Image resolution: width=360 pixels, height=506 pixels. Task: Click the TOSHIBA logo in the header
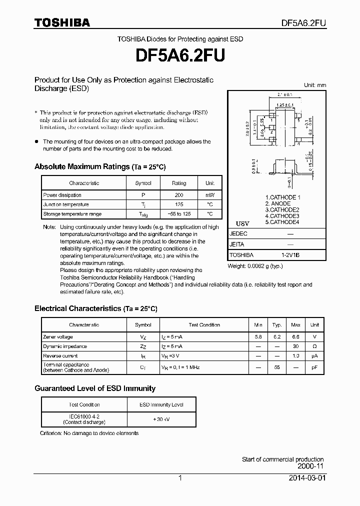click(62, 22)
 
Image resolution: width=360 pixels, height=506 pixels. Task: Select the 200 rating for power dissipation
click(178, 195)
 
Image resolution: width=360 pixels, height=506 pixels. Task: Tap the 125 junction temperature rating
click(178, 204)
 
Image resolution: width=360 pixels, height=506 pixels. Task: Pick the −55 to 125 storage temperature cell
click(178, 214)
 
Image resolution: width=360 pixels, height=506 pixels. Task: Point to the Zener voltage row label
click(58, 337)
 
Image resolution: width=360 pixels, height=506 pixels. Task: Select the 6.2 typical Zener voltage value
click(276, 337)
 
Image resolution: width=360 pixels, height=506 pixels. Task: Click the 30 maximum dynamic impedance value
click(295, 346)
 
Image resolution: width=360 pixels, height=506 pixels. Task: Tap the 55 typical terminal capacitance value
click(276, 367)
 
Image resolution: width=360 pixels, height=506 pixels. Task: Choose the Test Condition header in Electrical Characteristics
click(204, 325)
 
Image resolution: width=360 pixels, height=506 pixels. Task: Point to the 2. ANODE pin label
click(277, 204)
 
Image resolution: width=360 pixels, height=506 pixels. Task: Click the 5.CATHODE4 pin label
click(282, 222)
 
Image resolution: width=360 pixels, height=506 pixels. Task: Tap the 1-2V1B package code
click(290, 255)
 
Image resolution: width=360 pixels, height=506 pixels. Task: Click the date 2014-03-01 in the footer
click(307, 478)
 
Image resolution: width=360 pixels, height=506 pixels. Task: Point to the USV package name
click(242, 223)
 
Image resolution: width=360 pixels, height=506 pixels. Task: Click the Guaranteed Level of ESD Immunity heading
click(95, 388)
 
